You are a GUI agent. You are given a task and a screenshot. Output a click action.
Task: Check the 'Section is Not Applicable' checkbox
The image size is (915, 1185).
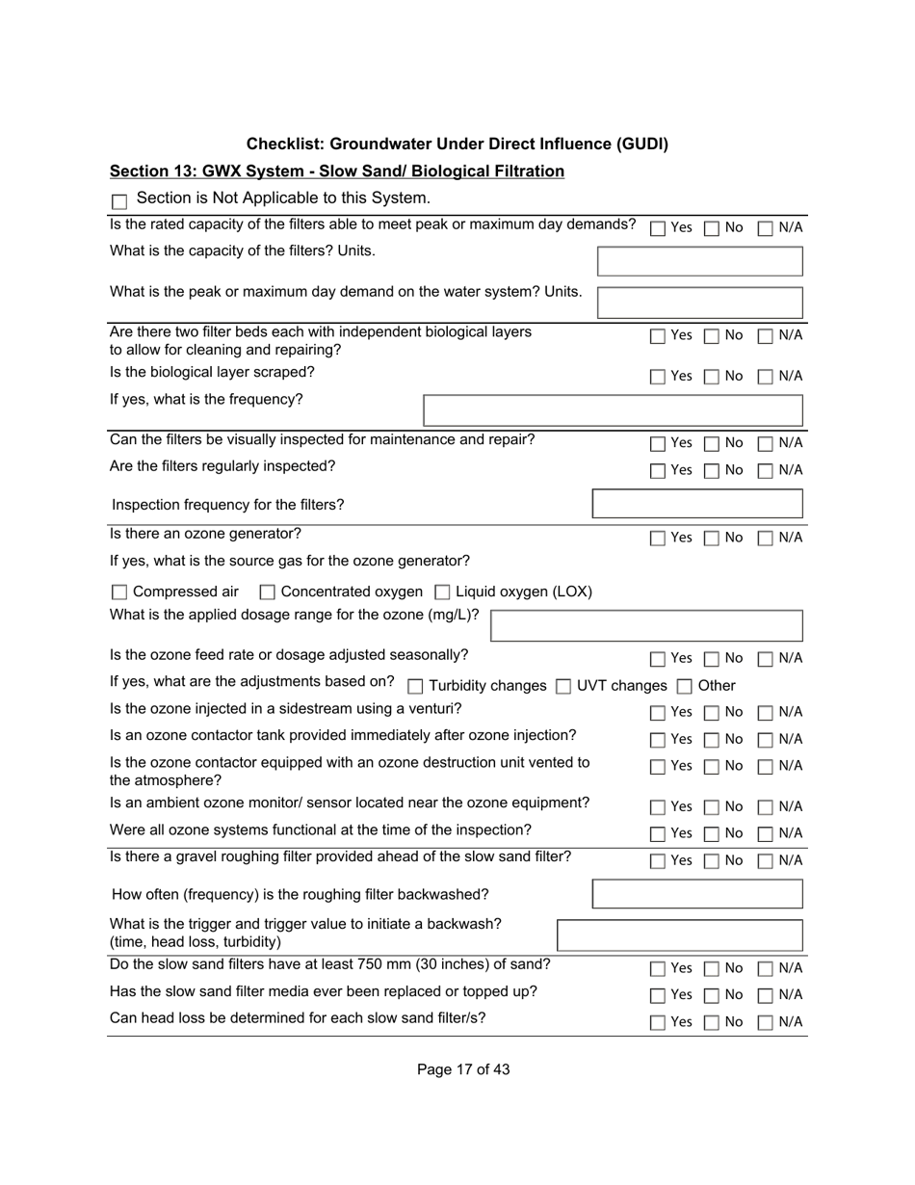click(119, 201)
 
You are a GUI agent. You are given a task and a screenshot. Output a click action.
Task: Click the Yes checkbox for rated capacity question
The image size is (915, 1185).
click(658, 229)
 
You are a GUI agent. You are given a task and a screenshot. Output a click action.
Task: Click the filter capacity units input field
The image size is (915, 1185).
click(699, 261)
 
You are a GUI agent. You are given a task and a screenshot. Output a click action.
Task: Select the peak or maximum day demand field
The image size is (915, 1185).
click(699, 302)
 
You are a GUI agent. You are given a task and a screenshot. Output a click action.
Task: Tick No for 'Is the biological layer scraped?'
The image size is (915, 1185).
click(711, 377)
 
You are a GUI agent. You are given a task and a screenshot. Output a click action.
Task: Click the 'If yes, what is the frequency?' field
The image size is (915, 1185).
click(613, 409)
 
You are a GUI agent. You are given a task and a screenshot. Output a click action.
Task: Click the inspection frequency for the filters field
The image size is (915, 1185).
click(697, 504)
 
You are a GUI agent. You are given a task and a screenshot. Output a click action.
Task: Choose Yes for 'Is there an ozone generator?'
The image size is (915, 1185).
click(658, 538)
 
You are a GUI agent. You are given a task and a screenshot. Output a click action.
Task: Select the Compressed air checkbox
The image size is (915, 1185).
click(119, 592)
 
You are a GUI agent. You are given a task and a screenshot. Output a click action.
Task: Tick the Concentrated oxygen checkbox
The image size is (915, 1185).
click(268, 592)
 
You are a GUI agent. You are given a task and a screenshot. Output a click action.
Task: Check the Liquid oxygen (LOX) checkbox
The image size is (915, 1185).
click(443, 592)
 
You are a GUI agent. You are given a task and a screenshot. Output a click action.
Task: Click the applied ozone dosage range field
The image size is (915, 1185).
click(646, 625)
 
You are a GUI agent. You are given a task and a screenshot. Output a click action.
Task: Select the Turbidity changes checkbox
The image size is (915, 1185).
click(415, 687)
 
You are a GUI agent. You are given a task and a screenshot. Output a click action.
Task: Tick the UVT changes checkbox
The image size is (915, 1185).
click(563, 687)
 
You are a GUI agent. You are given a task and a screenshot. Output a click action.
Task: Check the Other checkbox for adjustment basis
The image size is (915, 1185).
click(684, 687)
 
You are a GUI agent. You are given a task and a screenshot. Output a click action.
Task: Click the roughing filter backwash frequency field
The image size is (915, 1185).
click(697, 894)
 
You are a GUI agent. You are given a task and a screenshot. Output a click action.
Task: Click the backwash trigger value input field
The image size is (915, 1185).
click(680, 935)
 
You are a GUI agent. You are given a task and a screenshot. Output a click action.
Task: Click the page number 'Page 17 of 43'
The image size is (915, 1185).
click(463, 1069)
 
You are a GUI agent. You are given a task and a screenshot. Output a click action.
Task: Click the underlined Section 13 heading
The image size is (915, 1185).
click(336, 171)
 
